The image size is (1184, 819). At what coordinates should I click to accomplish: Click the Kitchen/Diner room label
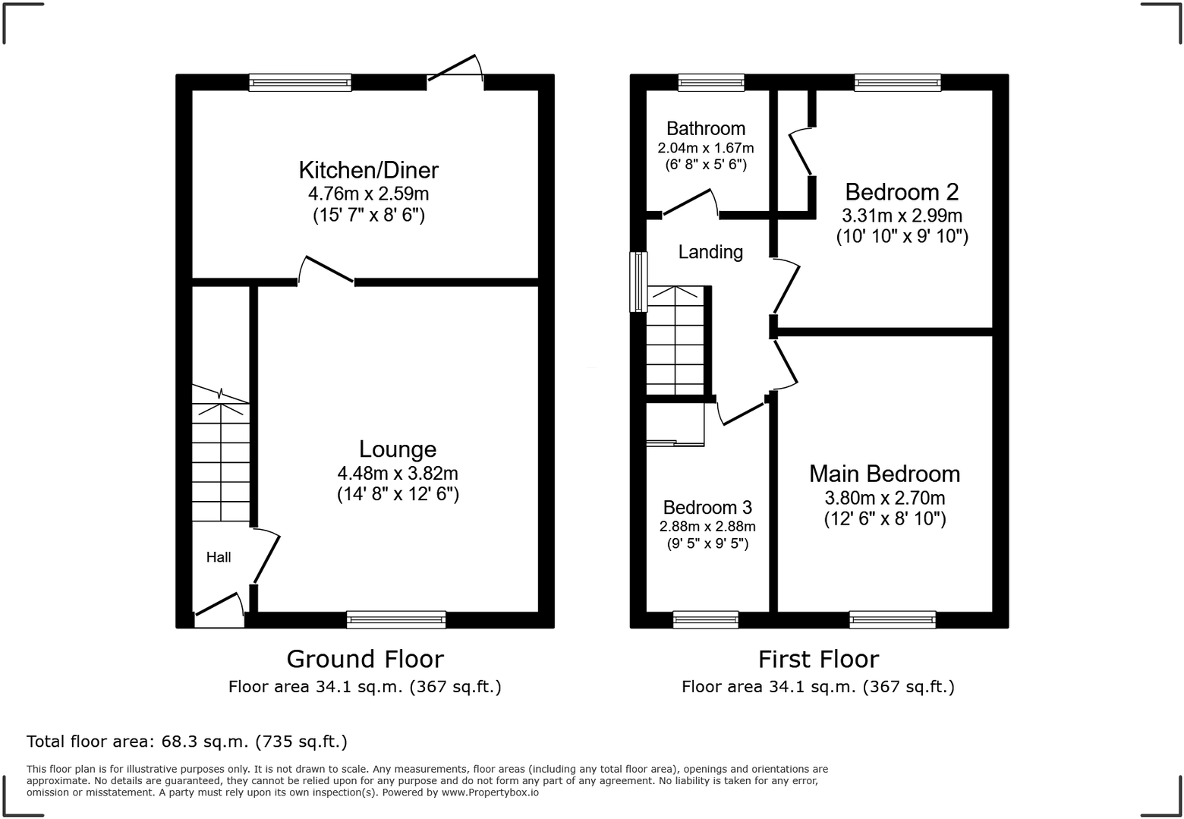tap(368, 169)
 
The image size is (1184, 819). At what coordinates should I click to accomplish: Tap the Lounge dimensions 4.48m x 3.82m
tap(398, 473)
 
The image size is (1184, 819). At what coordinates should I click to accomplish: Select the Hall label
tap(219, 557)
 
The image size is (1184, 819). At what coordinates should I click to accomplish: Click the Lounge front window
tap(396, 619)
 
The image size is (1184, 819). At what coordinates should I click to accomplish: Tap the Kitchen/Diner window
tap(301, 82)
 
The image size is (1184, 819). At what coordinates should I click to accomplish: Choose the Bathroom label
tap(706, 128)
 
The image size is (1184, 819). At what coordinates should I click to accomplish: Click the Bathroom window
tap(711, 82)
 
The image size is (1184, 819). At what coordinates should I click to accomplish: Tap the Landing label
tap(710, 252)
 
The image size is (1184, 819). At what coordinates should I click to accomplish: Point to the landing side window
tap(639, 282)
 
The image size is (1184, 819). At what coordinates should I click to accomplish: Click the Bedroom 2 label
tap(902, 191)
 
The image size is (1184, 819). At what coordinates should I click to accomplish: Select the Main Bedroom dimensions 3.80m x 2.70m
tap(884, 498)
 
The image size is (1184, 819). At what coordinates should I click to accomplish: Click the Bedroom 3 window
tap(706, 619)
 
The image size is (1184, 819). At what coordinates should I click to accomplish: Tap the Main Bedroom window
tap(893, 619)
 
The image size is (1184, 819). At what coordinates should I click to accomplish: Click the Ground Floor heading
tap(365, 659)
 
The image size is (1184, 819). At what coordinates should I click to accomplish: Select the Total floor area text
tap(187, 741)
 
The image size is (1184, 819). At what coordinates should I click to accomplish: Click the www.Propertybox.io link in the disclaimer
tap(490, 792)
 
